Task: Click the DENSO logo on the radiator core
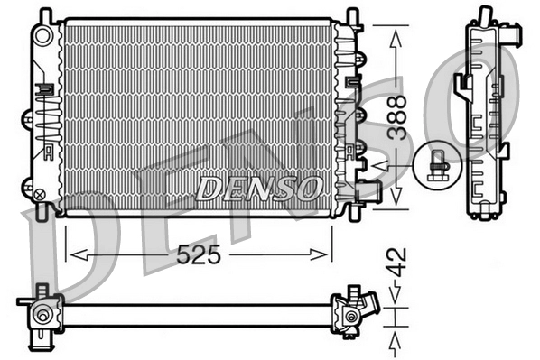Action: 258,188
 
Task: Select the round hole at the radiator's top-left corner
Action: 42,35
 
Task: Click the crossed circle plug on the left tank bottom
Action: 40,191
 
